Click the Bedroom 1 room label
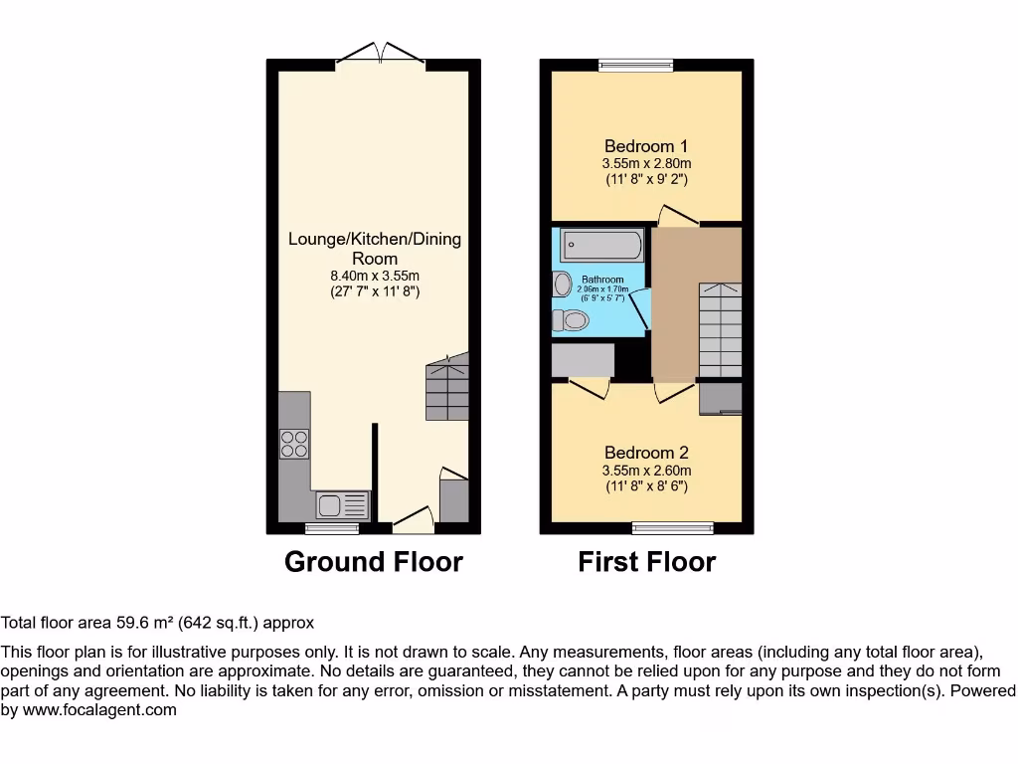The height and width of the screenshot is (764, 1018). pos(646,146)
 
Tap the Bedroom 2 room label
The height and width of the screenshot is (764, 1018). pos(646,452)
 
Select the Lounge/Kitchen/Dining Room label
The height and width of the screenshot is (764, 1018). pos(374,248)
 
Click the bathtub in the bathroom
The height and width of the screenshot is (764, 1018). pos(601,245)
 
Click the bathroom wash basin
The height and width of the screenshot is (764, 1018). pos(562,284)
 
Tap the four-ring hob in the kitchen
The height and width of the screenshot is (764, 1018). pos(293,443)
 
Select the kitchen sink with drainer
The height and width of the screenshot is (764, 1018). pos(343,505)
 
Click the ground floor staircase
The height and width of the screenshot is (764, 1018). pos(446,389)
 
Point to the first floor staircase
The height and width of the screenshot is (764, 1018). pos(719,328)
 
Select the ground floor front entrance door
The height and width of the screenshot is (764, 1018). pos(412,519)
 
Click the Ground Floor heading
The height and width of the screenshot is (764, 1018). pos(374,562)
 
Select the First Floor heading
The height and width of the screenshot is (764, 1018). pos(646,562)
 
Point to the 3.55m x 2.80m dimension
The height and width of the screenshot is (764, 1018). pos(646,164)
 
